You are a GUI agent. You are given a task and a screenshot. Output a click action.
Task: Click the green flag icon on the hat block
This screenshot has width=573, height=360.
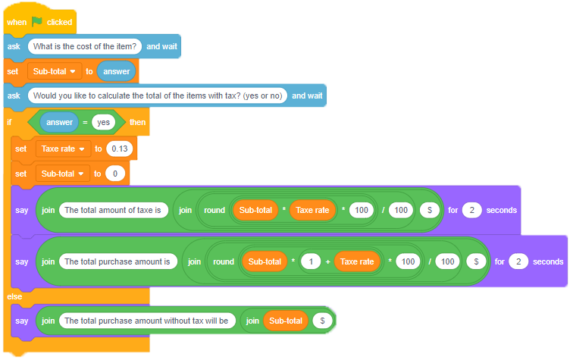click(x=37, y=22)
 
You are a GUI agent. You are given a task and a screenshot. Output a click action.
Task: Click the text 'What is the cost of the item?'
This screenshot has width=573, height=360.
click(x=84, y=46)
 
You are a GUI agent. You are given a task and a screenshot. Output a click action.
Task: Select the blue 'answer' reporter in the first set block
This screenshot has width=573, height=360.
click(x=116, y=71)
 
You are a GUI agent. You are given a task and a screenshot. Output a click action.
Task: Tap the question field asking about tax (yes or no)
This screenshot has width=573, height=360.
click(x=158, y=95)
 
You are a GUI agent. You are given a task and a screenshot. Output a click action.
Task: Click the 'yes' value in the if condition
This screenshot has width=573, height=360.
click(x=103, y=122)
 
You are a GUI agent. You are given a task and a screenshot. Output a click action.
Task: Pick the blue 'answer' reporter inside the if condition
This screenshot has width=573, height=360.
click(x=60, y=122)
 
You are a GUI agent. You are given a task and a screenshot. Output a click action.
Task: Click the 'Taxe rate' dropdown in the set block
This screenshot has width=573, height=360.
click(x=63, y=149)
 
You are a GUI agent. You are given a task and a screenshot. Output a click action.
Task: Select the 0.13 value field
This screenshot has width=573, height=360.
click(x=120, y=149)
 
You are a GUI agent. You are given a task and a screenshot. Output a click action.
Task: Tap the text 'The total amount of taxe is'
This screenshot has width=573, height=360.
click(x=114, y=210)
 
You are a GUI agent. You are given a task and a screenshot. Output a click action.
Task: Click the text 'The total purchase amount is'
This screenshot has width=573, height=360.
click(x=117, y=261)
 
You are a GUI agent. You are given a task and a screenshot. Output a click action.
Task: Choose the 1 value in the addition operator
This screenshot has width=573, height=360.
click(x=309, y=261)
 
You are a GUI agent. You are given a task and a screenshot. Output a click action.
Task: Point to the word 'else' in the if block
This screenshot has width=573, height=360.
click(x=14, y=296)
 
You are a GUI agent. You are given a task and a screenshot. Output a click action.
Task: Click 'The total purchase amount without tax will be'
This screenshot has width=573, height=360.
click(x=146, y=321)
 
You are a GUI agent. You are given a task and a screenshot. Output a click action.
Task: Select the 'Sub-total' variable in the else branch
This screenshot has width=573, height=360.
click(x=285, y=321)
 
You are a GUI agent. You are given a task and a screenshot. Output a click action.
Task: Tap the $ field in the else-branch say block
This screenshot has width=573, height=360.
click(x=322, y=321)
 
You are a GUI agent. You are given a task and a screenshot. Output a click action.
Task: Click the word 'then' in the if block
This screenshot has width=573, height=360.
click(x=137, y=122)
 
